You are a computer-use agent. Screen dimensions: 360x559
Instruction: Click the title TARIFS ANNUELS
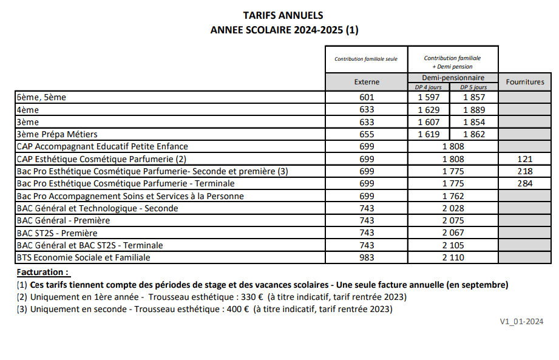click(x=283, y=15)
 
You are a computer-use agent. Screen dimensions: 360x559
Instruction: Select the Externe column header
click(x=366, y=82)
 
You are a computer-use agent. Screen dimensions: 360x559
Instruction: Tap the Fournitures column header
click(x=525, y=82)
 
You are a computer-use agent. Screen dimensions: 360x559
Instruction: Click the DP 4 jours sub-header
click(x=429, y=87)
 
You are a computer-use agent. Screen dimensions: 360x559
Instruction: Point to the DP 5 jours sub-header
click(x=473, y=87)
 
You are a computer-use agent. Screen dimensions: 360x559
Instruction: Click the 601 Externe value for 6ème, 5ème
click(x=366, y=97)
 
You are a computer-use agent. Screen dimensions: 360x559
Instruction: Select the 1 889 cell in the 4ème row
click(x=473, y=110)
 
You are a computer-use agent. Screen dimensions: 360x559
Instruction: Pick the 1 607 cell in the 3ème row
click(x=429, y=122)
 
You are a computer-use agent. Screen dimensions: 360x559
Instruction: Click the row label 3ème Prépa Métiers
click(x=57, y=134)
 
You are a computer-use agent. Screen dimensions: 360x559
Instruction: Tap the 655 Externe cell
click(x=366, y=134)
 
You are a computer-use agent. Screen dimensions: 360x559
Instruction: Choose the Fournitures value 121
click(x=525, y=159)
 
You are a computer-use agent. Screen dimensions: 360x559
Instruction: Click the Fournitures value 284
click(x=525, y=183)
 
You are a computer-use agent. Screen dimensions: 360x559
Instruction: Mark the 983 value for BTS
click(x=366, y=257)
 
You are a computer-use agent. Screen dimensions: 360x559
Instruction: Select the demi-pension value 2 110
click(x=453, y=257)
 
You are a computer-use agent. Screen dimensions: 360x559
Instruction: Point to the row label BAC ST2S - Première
click(x=57, y=233)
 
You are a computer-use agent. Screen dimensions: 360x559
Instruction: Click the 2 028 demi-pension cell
click(x=453, y=208)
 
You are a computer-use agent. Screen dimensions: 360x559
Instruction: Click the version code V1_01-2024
click(x=521, y=321)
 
